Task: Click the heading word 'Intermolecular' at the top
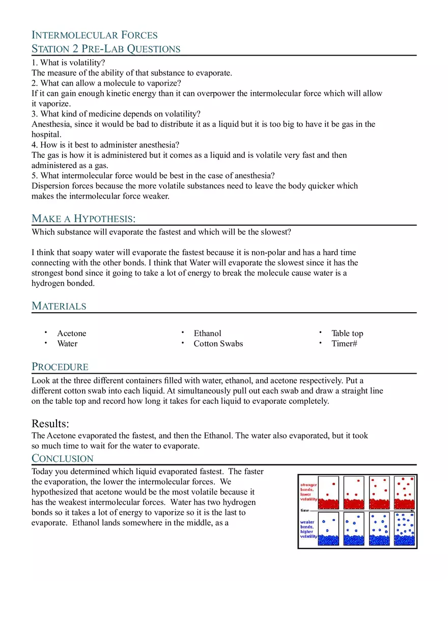click(x=68, y=35)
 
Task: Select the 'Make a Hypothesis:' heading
click(x=83, y=218)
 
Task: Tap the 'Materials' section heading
click(x=59, y=306)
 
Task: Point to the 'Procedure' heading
click(x=60, y=367)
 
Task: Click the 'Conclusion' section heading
click(x=63, y=458)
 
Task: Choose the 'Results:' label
click(x=50, y=424)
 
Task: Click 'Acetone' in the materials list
click(x=72, y=334)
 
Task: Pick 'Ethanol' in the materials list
click(x=207, y=334)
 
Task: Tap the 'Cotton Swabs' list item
click(x=218, y=344)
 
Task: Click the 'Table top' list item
click(x=347, y=334)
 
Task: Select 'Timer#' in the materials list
click(x=344, y=344)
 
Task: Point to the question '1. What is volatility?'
click(x=68, y=63)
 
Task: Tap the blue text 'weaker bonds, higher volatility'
click(x=308, y=529)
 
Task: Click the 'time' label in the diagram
click(x=304, y=510)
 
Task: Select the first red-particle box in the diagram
click(x=328, y=492)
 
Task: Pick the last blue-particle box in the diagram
click(x=405, y=529)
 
